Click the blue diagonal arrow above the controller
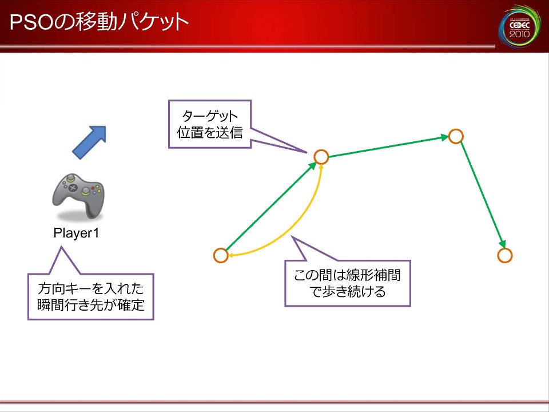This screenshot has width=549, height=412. [90, 142]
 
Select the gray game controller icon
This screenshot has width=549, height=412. [78, 195]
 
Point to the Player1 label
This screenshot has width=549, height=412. [76, 233]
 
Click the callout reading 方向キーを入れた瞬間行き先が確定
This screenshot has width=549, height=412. [91, 296]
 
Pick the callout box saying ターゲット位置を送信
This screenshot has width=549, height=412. [210, 124]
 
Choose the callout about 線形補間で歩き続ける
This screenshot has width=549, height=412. [347, 283]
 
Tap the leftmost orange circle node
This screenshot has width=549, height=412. [221, 255]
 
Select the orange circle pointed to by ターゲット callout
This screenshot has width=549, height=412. [321, 157]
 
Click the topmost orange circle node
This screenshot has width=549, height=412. [455, 136]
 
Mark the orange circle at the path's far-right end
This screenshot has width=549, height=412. [504, 255]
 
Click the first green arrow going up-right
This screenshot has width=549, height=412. [270, 207]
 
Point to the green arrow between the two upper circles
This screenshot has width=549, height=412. [388, 146]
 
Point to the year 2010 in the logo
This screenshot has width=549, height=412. [519, 34]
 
